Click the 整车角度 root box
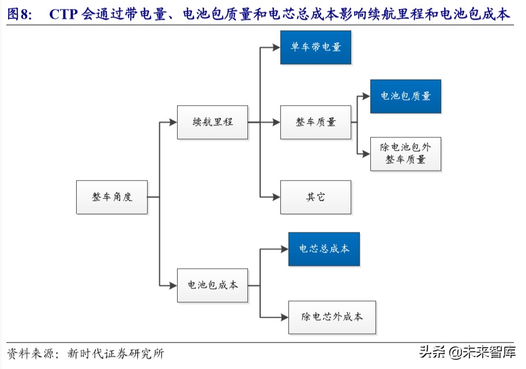coord(112,197)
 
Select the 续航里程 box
coord(212,122)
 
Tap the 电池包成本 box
coord(212,285)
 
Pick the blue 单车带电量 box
coord(315,47)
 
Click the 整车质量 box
coord(315,122)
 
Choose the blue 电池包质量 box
coord(405,96)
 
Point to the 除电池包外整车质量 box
coord(405,154)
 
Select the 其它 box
coord(315,197)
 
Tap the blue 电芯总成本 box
coord(324,249)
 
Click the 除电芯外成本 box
coord(332,317)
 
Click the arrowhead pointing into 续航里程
coord(172,122)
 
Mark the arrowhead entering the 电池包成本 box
coord(172,285)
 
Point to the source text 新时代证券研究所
coord(115,353)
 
